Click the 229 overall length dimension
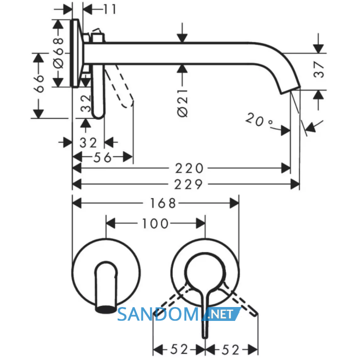[x=189, y=184]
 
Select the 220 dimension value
[x=189, y=168]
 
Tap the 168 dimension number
[x=163, y=203]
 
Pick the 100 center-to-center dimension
[x=155, y=223]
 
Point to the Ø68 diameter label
[x=58, y=53]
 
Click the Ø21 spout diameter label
[x=183, y=103]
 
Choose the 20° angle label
[x=259, y=119]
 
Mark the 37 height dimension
[x=319, y=69]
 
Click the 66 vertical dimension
[x=39, y=83]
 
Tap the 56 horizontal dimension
[x=102, y=157]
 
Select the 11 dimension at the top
[x=110, y=9]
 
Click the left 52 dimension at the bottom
[x=179, y=349]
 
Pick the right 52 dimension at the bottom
[x=230, y=350]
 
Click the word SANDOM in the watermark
[x=158, y=314]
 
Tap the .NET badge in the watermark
[x=221, y=314]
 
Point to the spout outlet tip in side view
[x=291, y=91]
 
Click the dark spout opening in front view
[x=105, y=310]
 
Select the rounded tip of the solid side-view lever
[x=98, y=115]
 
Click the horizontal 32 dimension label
[x=88, y=143]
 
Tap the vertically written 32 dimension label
[x=86, y=103]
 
